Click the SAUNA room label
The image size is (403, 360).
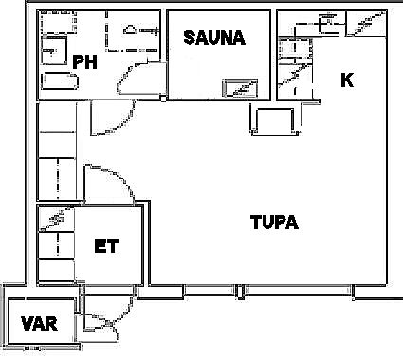(214, 38)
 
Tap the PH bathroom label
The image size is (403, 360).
(84, 62)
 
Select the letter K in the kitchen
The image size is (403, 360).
(347, 80)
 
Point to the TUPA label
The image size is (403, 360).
(274, 223)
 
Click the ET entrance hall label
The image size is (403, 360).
(106, 246)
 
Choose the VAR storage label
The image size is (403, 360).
(40, 324)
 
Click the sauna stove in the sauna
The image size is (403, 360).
(240, 88)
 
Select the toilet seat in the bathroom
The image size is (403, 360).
(54, 50)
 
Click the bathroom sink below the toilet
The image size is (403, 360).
(60, 81)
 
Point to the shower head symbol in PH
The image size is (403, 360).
(129, 29)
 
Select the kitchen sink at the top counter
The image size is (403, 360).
(329, 23)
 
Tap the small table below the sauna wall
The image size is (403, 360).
(275, 121)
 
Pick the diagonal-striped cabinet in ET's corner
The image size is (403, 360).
(56, 219)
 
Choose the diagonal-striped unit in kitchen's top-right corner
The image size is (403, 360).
(366, 24)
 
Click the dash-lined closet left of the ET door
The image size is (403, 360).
(57, 179)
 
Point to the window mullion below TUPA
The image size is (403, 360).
(240, 292)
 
